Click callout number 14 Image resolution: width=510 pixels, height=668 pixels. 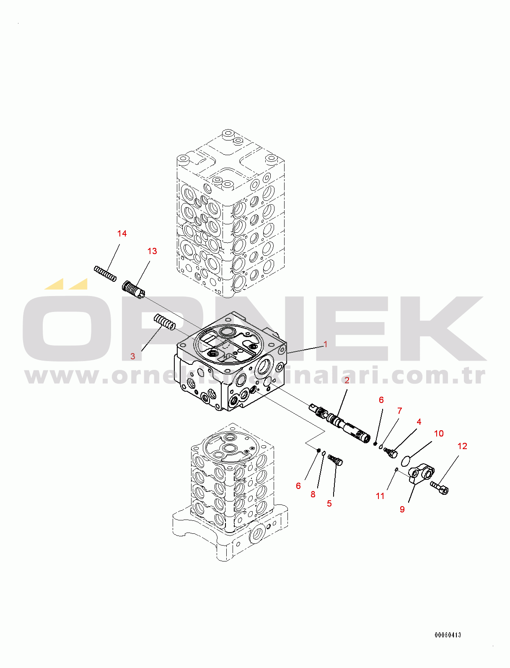[x=122, y=234]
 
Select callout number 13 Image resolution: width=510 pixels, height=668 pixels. [x=152, y=251]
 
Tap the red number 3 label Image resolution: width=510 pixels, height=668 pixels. [x=132, y=356]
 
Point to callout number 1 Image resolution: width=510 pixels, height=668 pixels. [x=325, y=344]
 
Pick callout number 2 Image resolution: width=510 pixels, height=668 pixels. [x=347, y=380]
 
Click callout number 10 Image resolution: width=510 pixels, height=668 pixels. [x=438, y=433]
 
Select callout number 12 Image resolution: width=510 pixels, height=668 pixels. [x=462, y=446]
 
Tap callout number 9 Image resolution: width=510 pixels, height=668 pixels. [x=402, y=509]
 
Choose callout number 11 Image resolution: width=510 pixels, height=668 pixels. [x=380, y=496]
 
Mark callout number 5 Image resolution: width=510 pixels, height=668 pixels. [x=329, y=504]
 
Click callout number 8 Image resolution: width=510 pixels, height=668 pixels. [x=313, y=494]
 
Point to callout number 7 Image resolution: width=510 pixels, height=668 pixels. [x=400, y=411]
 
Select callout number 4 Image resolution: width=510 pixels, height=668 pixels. [x=419, y=422]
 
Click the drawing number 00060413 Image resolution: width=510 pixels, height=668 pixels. [x=448, y=635]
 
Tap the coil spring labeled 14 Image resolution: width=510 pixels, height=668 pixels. [x=105, y=273]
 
